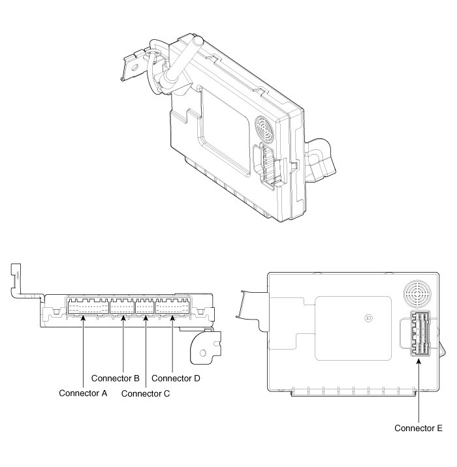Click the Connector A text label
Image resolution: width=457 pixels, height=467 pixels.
[x=83, y=393]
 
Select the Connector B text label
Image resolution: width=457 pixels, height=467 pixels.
[x=116, y=378]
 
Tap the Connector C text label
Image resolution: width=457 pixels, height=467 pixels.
[x=146, y=394]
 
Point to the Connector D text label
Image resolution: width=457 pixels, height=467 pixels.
[x=176, y=378]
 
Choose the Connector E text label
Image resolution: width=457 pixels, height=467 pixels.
[x=418, y=428]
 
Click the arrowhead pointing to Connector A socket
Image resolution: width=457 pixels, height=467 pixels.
[x=83, y=318]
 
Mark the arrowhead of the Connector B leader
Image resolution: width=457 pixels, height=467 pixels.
[x=123, y=318]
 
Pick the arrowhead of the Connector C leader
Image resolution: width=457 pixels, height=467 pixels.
[x=146, y=318]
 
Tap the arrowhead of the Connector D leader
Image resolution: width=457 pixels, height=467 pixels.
[x=172, y=318]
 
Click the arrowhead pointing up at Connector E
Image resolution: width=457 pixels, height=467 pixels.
[x=418, y=361]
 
